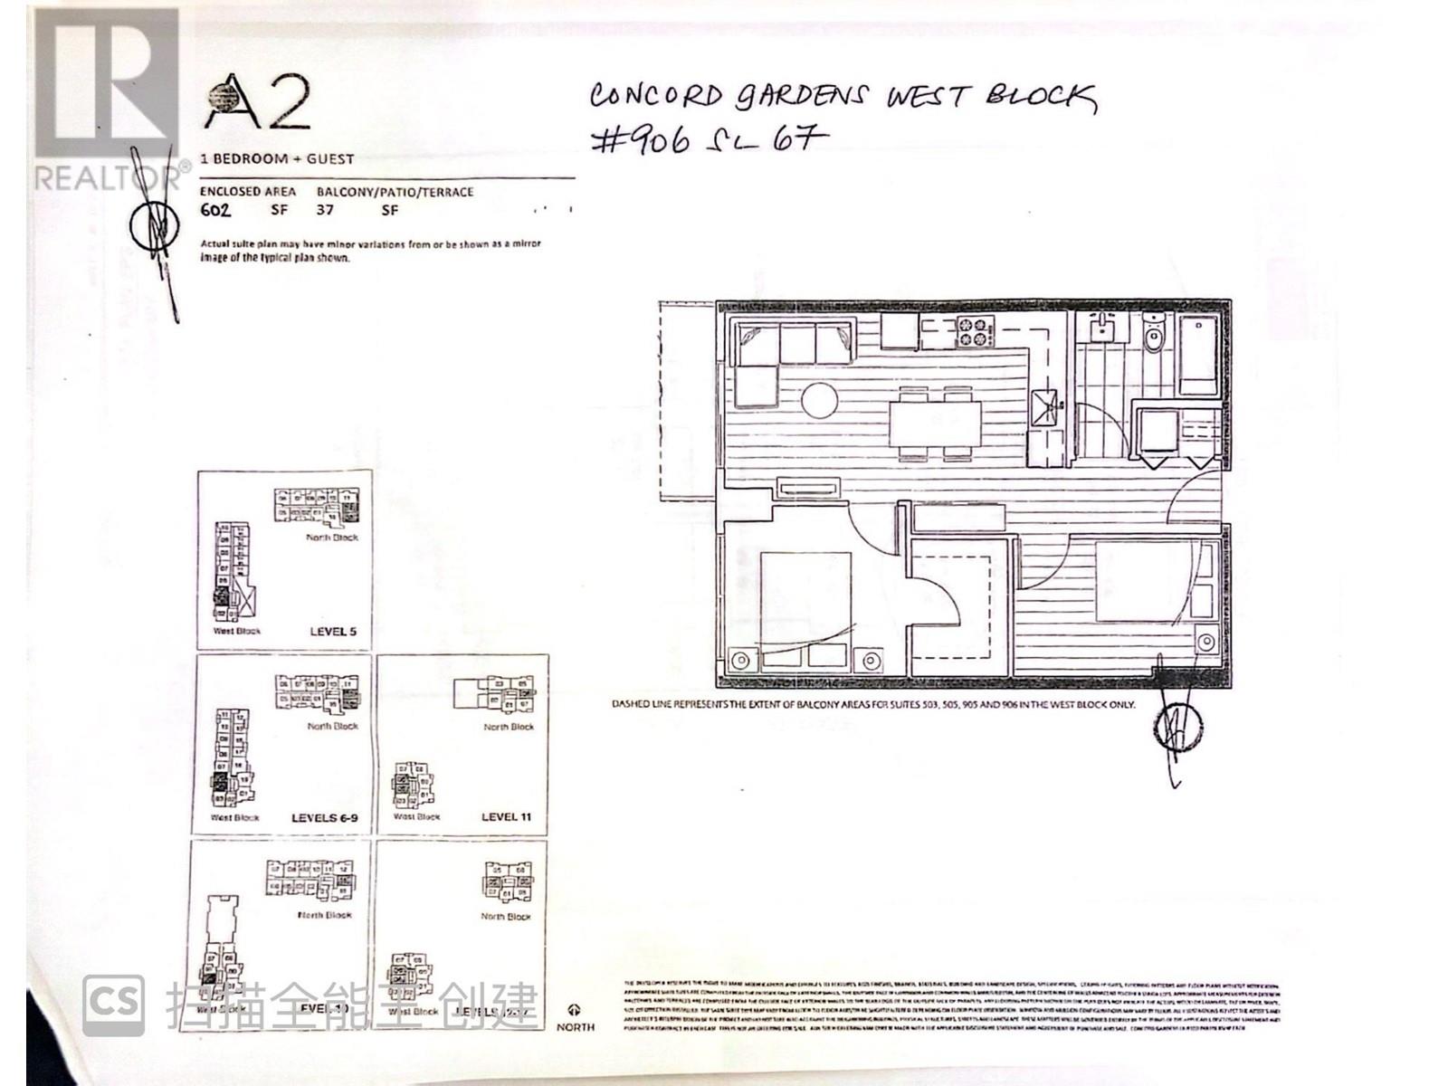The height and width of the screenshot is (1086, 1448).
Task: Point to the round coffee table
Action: click(820, 400)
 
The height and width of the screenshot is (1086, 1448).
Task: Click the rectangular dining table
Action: click(935, 423)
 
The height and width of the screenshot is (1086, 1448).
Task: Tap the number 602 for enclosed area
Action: click(215, 211)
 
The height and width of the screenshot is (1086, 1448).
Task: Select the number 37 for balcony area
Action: click(325, 210)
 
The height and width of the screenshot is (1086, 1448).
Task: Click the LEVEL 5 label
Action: click(333, 632)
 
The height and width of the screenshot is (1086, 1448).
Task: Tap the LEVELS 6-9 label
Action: click(324, 817)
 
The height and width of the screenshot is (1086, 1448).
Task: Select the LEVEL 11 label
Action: click(506, 816)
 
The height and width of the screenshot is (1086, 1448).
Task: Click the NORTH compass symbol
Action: click(575, 1010)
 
